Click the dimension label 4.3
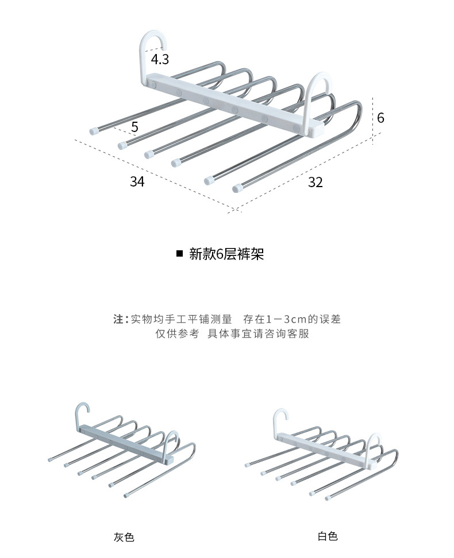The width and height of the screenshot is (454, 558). pos(160,59)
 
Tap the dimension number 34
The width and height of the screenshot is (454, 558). pos(137,181)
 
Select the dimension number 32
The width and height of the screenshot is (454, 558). pos(315,182)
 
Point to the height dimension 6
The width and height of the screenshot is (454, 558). pos(380,118)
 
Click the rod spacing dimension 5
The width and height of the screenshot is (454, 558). pos(134,127)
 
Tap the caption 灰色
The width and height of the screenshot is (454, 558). pos(124,538)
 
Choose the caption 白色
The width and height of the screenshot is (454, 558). pos(328,537)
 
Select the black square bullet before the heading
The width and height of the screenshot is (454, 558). pos(179,254)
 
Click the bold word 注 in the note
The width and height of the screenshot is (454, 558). pos(118,319)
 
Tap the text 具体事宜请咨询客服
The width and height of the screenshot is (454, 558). pos(258,334)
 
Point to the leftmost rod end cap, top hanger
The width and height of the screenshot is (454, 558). pos(94,131)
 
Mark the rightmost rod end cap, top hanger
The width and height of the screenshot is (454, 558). pos(237,188)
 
